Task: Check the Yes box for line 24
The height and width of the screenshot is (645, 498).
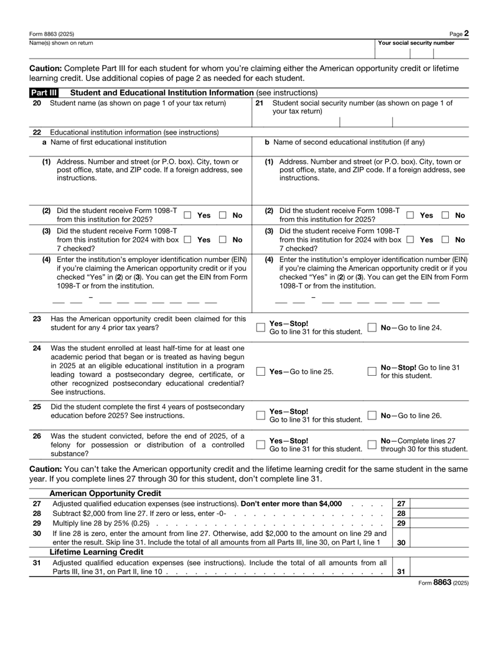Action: point(261,371)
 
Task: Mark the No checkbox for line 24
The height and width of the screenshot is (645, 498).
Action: point(371,371)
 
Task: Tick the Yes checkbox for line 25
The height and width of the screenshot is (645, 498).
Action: point(261,415)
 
